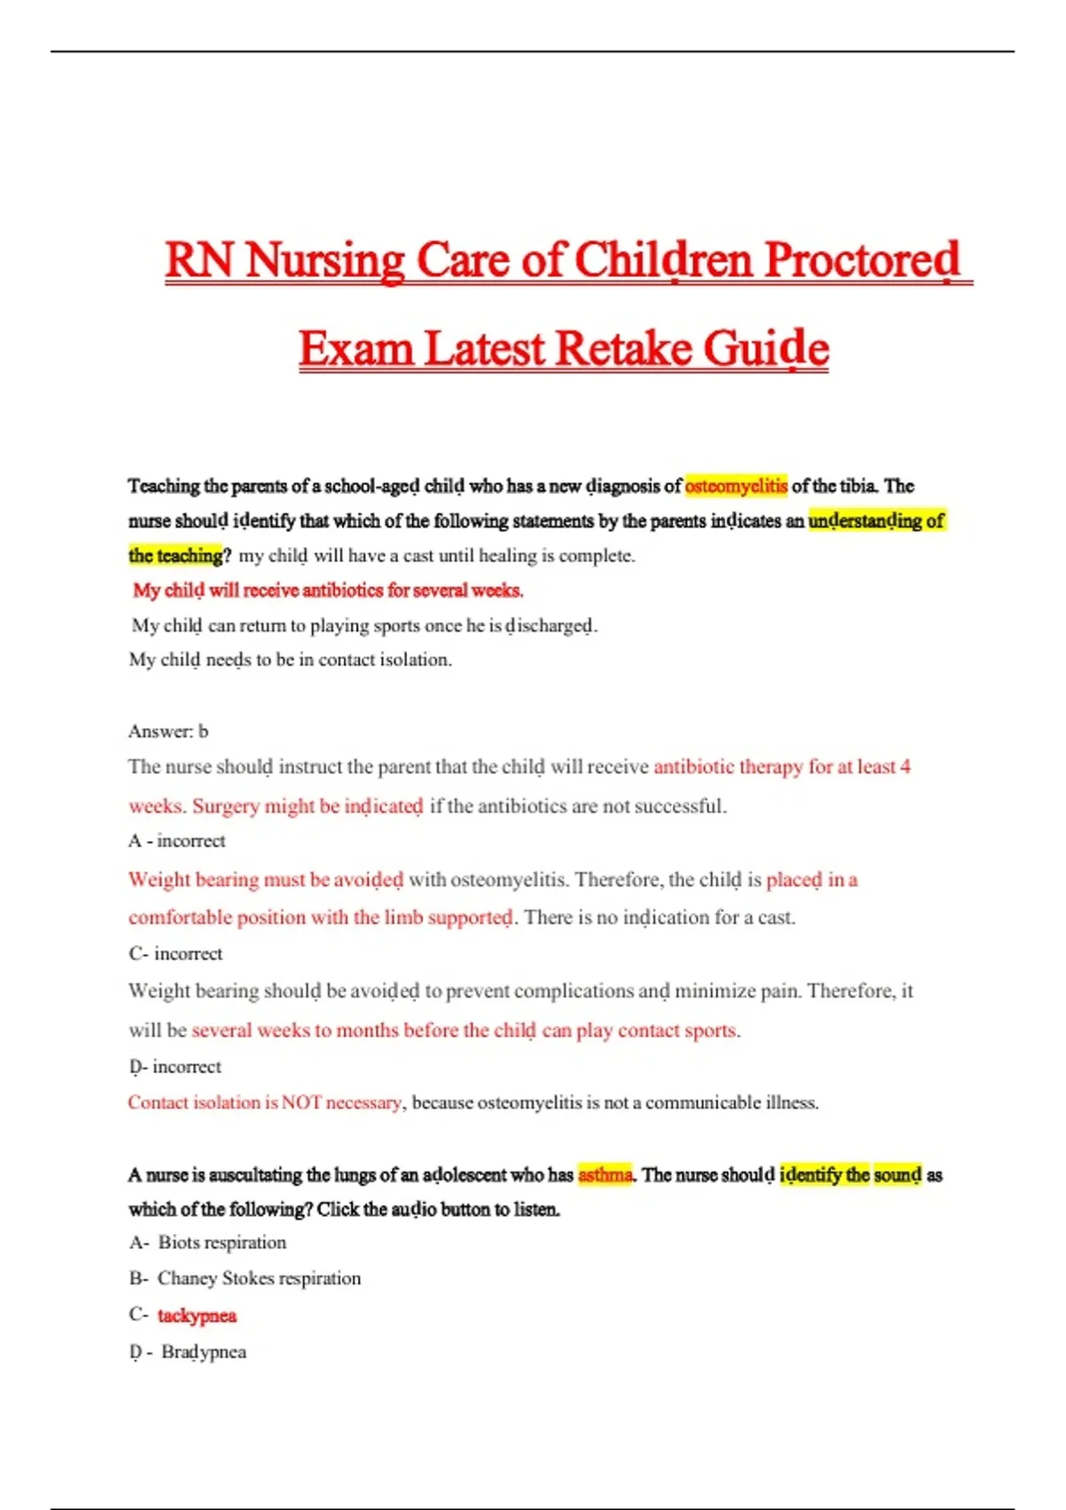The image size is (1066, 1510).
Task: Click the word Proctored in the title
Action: click(862, 261)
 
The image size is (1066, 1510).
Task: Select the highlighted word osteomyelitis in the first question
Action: click(736, 486)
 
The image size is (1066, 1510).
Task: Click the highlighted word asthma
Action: click(605, 1175)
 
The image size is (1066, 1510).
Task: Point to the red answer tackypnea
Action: click(197, 1315)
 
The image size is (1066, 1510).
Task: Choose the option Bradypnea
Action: click(203, 1352)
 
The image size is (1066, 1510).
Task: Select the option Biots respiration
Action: click(221, 1243)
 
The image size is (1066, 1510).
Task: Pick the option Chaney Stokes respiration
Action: click(259, 1278)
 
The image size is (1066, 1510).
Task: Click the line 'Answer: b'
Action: click(168, 731)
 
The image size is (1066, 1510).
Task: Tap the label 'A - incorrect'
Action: click(177, 840)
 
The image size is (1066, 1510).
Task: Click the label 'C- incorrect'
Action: click(175, 953)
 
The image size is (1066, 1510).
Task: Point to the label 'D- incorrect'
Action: click(175, 1066)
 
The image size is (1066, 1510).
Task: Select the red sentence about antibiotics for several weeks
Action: click(328, 591)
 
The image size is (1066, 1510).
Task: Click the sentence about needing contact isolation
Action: click(290, 660)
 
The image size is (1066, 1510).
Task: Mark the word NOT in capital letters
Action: click(301, 1102)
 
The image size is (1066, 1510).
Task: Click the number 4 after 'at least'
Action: click(905, 767)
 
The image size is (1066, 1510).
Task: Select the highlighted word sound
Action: click(897, 1175)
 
